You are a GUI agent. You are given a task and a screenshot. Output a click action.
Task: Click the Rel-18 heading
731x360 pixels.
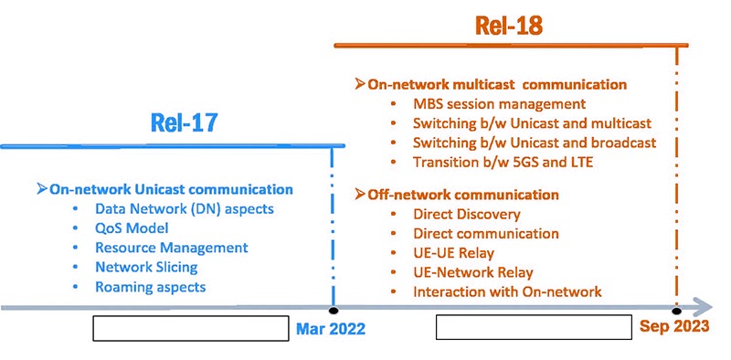509,26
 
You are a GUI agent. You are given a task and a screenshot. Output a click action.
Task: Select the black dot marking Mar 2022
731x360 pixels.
334,311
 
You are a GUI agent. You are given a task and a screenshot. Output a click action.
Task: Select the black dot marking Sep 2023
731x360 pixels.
676,311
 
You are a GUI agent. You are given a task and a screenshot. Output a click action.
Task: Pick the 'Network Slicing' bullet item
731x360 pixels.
146,267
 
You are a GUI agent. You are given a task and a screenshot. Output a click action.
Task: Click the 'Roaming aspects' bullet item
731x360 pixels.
150,287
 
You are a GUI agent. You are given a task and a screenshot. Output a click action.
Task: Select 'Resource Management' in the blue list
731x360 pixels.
171,248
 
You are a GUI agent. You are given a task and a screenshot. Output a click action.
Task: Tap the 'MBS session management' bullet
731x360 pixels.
499,104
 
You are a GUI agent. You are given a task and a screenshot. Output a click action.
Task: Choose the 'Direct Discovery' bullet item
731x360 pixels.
466,214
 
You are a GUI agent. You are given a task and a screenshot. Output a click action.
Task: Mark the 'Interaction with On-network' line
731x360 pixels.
507,291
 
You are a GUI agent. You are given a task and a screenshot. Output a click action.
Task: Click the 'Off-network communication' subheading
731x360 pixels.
462,195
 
